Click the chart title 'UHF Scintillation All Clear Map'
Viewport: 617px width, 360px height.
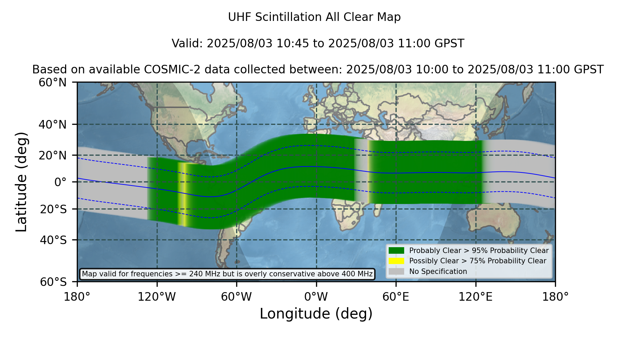(x=314, y=17)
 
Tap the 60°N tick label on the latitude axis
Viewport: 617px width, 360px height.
(x=52, y=83)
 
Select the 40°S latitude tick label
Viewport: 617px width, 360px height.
(x=53, y=240)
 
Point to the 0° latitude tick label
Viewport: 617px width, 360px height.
(x=61, y=182)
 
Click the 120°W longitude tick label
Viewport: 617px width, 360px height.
(x=157, y=297)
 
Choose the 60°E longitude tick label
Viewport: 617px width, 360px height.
(x=396, y=297)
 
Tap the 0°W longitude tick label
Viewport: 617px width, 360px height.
(x=316, y=297)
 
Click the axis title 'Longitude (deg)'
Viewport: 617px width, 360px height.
(x=316, y=314)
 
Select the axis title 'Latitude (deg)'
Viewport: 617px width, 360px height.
(x=21, y=182)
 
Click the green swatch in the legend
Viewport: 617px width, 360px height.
(x=397, y=251)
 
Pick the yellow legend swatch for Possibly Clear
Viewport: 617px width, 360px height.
(x=397, y=261)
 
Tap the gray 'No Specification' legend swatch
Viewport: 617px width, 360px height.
(x=397, y=272)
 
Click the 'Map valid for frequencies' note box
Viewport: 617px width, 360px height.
(x=227, y=274)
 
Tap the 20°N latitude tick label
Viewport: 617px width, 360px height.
(x=52, y=155)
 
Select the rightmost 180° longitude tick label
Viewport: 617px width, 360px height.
(x=555, y=297)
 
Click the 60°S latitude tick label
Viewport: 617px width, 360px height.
(x=53, y=282)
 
